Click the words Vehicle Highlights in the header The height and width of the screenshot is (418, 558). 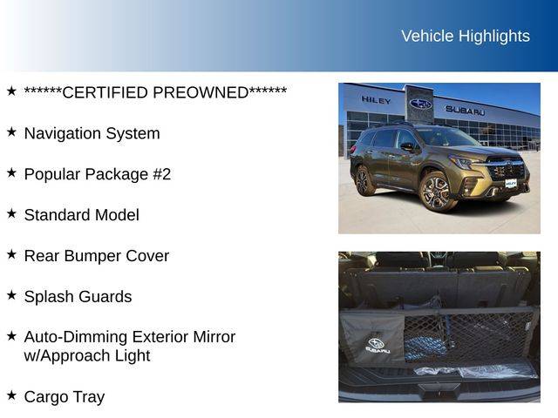pos(466,37)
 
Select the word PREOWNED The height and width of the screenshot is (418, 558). pos(201,93)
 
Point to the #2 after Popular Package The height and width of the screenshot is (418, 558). pos(162,174)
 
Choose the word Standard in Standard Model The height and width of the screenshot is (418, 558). pos(57,215)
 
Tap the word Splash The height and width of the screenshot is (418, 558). pos(49,297)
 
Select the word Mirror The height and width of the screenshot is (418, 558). pos(214,337)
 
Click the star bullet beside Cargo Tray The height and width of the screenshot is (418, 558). pos(11,394)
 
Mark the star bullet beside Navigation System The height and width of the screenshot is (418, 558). pos(11,131)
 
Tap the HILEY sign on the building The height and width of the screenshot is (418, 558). pos(376,100)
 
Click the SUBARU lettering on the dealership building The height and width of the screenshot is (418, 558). pos(465,111)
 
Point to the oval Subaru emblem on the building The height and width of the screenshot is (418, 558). pos(420,104)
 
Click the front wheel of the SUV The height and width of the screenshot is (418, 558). pos(436,192)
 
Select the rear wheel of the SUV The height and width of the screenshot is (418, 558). pos(364,180)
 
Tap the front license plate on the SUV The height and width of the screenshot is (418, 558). pos(511,184)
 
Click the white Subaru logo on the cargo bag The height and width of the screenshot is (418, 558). pos(378,346)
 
